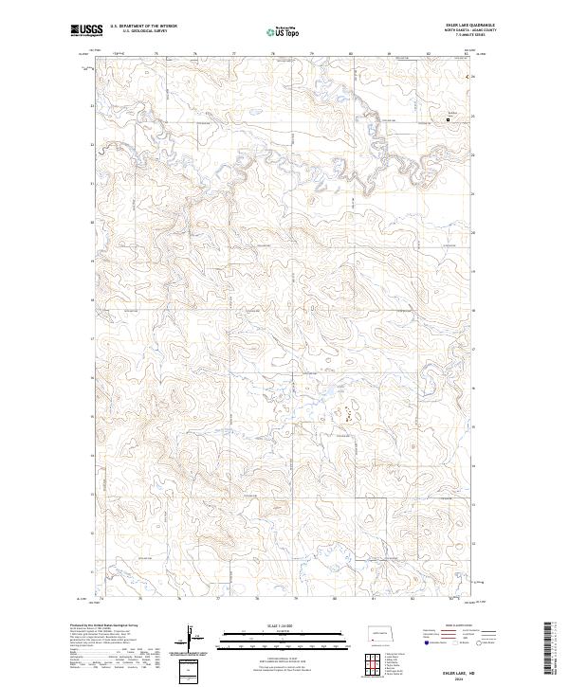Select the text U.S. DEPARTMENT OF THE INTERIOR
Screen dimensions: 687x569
point(142,27)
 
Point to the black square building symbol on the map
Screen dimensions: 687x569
point(449,119)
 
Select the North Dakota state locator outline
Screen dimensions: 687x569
point(382,633)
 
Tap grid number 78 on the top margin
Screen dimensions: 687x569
point(273,55)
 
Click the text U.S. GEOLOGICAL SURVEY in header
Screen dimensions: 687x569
point(139,31)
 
